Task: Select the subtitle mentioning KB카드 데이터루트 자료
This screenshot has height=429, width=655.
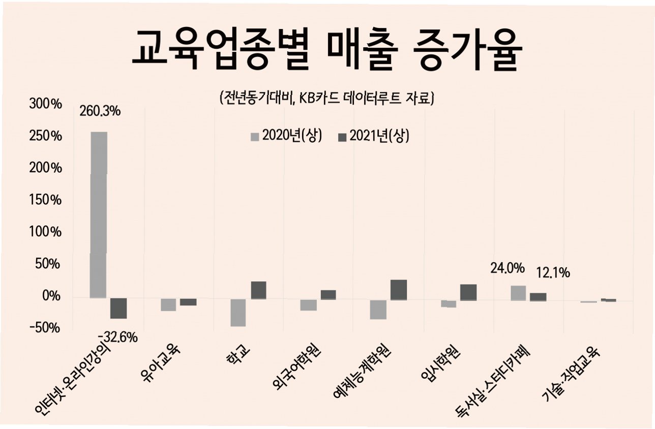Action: click(x=327, y=98)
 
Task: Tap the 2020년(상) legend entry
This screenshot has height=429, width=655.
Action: click(x=287, y=136)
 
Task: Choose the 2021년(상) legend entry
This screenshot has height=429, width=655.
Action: click(x=374, y=136)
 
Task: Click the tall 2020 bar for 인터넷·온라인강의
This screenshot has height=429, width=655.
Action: click(x=98, y=215)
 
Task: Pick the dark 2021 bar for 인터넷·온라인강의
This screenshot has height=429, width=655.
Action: click(x=118, y=308)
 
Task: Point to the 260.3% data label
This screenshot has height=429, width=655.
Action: click(x=100, y=111)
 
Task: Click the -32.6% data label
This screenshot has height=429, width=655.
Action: click(x=118, y=338)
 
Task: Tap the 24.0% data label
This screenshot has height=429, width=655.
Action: click(x=508, y=268)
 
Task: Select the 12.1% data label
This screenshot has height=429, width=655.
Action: click(x=553, y=273)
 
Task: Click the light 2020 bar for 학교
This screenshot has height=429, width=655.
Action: click(x=238, y=313)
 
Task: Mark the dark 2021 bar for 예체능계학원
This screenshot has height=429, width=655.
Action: click(x=399, y=290)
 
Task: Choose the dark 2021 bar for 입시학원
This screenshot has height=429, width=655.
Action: click(x=468, y=292)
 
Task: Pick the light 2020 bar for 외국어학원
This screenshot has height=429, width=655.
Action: click(x=309, y=305)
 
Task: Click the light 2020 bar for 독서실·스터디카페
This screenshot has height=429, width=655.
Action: click(x=518, y=293)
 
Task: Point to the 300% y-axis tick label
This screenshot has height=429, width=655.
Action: click(x=45, y=104)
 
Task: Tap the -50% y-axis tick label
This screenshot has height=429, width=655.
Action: click(x=45, y=328)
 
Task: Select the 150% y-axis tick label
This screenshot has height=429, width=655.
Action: click(x=45, y=200)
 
